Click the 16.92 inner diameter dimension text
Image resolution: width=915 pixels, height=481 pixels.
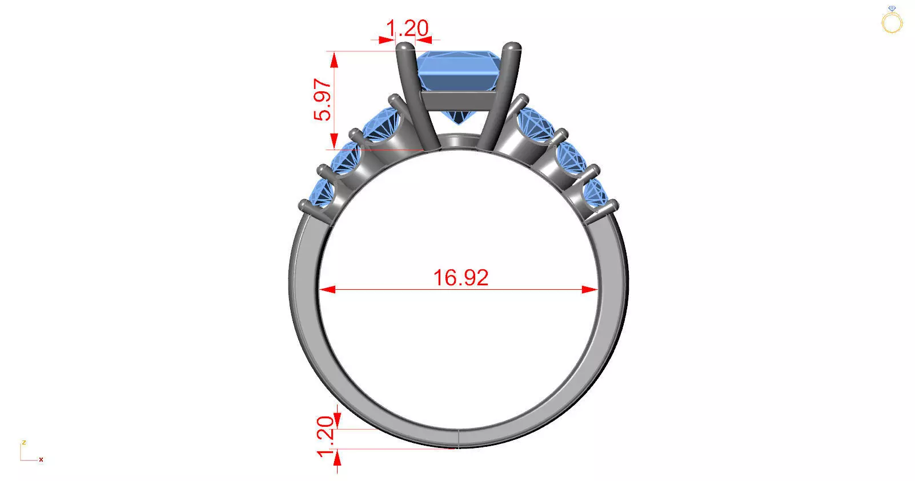pos(460,278)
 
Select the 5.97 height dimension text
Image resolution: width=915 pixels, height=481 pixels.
pos(322,100)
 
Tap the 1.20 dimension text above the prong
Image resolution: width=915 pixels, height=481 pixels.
pos(407,28)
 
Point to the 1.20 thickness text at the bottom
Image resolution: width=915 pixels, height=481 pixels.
pos(324,436)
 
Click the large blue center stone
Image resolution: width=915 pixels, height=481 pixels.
pos(457,71)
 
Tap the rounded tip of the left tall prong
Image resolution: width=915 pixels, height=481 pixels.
pos(404,48)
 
